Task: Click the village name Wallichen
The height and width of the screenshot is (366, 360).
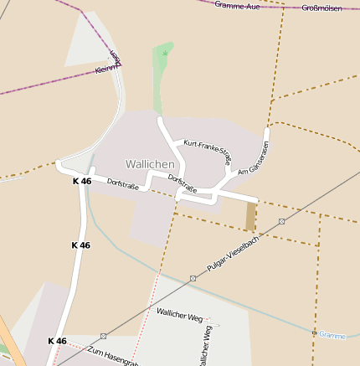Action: (x=150, y=163)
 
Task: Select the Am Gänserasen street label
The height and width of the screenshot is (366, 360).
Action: (x=254, y=158)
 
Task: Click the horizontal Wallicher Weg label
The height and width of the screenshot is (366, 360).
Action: (x=179, y=315)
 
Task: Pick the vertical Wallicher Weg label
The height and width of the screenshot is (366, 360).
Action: (x=205, y=343)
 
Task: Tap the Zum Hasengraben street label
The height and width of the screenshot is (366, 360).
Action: (x=112, y=355)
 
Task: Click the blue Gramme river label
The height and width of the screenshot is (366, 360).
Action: (x=332, y=335)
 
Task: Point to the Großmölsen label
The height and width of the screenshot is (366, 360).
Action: (x=321, y=8)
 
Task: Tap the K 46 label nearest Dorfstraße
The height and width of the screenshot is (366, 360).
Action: (x=81, y=182)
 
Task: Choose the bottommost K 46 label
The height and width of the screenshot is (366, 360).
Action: (x=56, y=341)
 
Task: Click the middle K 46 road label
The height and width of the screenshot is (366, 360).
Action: (x=80, y=245)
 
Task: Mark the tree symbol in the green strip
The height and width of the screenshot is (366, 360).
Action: (x=165, y=53)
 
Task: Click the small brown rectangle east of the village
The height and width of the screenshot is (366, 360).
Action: (x=251, y=217)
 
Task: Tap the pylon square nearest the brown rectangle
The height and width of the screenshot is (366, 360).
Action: (x=282, y=222)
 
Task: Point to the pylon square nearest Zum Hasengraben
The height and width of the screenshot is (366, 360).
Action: (x=103, y=335)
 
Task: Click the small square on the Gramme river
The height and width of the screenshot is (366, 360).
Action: (x=314, y=332)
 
